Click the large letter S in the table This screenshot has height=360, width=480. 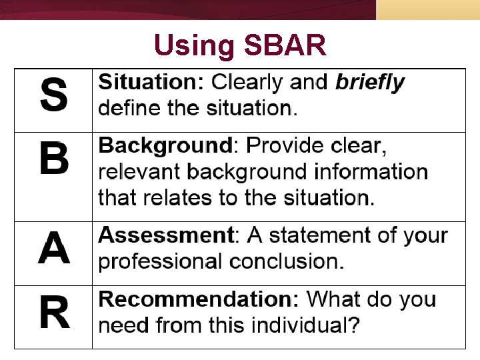[53, 95]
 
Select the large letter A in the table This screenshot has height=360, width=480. [53, 249]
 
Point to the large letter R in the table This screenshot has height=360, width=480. [53, 313]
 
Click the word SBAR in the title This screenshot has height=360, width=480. [285, 46]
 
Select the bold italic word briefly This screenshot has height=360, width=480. [370, 83]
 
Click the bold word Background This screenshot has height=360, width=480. [164, 146]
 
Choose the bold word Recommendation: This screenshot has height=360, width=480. [199, 299]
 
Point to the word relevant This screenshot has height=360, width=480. [140, 172]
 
